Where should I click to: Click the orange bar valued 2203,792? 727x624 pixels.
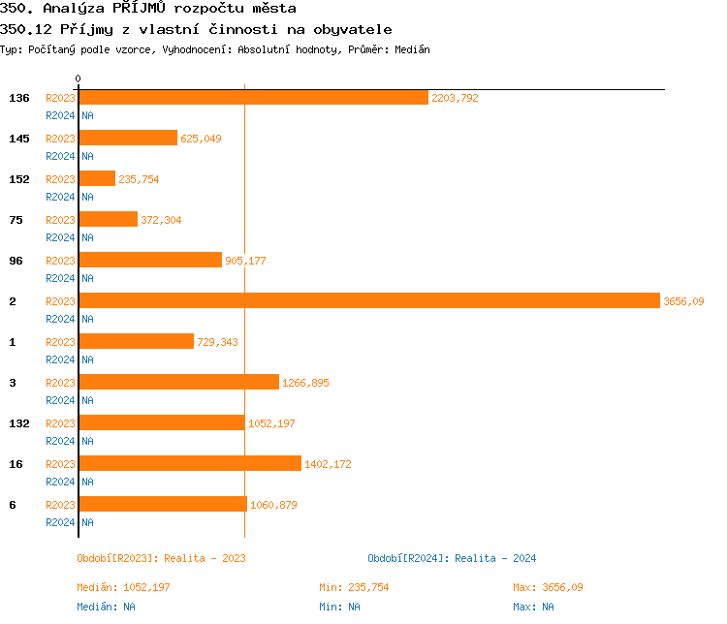coord(253,98)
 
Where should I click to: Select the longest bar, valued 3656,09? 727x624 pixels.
coord(369,301)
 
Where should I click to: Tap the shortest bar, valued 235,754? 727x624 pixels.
coord(97,179)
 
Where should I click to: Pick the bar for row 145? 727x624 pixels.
coord(128,139)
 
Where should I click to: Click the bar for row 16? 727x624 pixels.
coord(190,464)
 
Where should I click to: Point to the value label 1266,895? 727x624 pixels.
coord(305,383)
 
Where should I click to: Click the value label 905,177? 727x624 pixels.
coord(245,261)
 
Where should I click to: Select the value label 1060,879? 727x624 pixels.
coord(273,505)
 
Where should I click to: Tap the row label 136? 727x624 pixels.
coord(19,98)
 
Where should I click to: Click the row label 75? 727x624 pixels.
coord(16,220)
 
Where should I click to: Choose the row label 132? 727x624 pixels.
coord(19,423)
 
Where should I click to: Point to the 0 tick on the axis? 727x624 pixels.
coord(79,78)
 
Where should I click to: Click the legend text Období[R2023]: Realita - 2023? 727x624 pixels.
coord(161,558)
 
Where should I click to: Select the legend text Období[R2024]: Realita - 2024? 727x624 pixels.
coord(452,558)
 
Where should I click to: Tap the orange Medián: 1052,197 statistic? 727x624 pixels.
coord(123,587)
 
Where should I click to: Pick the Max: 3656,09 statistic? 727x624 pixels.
coord(548,587)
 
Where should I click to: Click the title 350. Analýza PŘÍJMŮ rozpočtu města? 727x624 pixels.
coord(147,9)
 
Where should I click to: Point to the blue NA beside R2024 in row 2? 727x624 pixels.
coord(87,319)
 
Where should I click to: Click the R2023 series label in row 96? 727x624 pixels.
coord(60,261)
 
